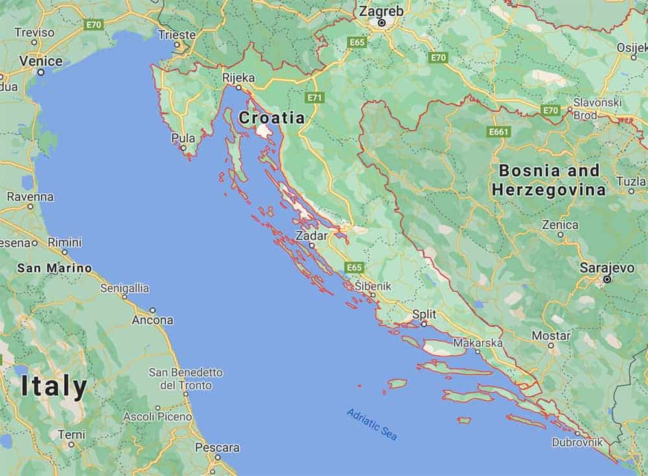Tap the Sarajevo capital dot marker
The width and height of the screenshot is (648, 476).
(x=607, y=279)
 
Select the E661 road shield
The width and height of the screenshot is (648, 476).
(x=499, y=132)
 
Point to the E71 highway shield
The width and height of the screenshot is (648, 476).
(x=316, y=97)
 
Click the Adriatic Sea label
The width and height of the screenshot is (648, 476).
(x=372, y=424)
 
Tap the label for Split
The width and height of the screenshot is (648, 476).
(x=424, y=314)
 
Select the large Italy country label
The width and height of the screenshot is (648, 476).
(x=54, y=387)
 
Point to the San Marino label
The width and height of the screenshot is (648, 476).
(x=54, y=268)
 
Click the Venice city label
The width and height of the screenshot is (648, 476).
(x=41, y=61)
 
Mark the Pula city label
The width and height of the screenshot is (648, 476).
(x=183, y=137)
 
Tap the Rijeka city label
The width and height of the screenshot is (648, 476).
(x=238, y=78)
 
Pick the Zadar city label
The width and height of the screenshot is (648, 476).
(x=311, y=235)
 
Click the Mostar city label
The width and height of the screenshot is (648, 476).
(x=551, y=336)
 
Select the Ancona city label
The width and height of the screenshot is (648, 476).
(x=152, y=320)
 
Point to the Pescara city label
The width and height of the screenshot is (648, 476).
(x=217, y=447)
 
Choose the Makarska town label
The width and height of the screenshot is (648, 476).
(x=478, y=342)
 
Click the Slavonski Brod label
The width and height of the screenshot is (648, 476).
(x=597, y=108)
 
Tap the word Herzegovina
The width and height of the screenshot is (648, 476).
(x=548, y=190)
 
